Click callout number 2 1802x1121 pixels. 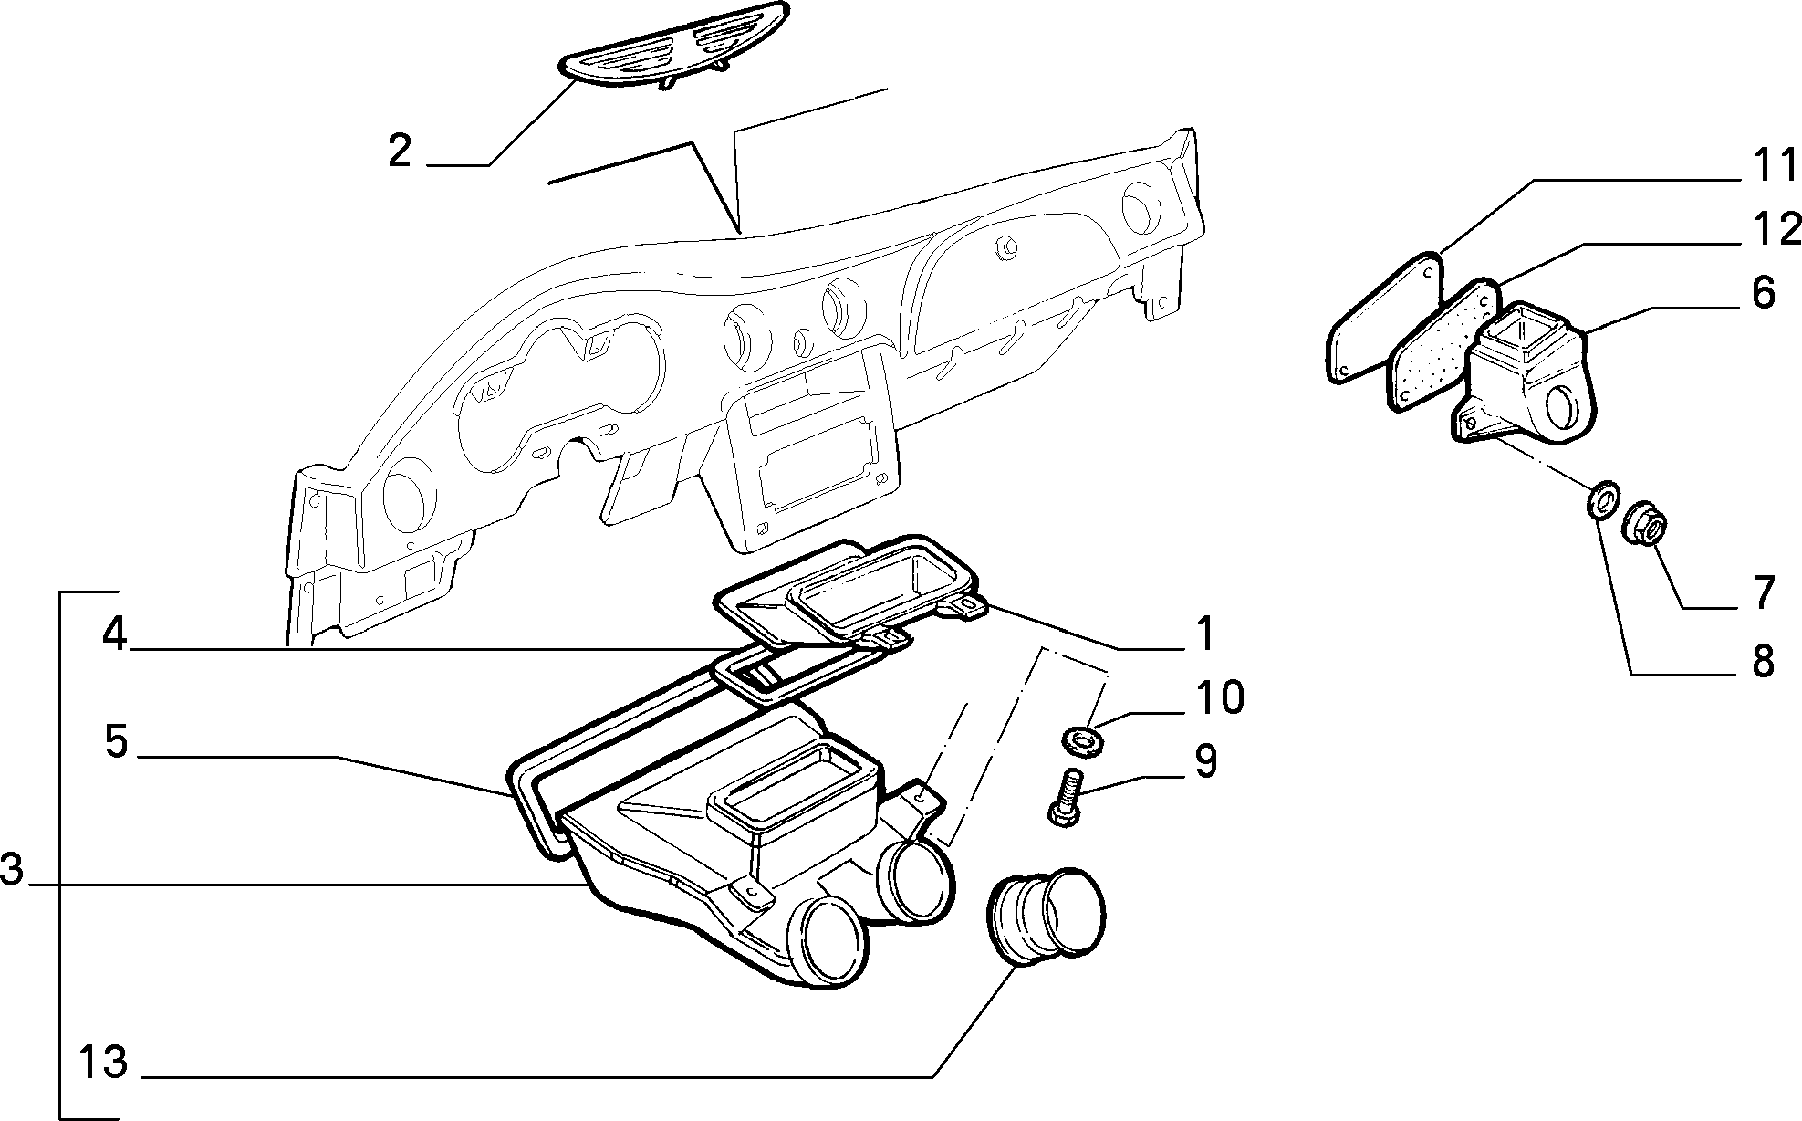400,151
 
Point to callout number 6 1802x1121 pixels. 1761,293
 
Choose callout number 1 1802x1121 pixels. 1205,634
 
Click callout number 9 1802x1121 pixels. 1205,761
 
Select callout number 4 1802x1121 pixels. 114,634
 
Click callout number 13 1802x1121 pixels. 103,1063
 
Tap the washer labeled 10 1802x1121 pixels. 1081,737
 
